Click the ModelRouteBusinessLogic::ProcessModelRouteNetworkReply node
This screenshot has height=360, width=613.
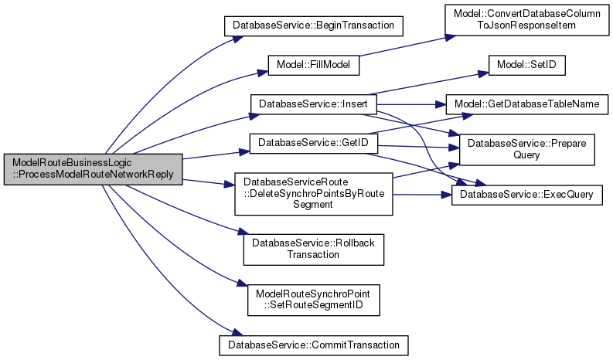[x=94, y=168]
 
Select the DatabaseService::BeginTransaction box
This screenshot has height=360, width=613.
[x=315, y=25]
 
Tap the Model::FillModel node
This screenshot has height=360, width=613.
[x=314, y=65]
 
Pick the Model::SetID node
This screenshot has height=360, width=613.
[x=526, y=65]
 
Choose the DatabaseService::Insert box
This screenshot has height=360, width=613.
[x=313, y=104]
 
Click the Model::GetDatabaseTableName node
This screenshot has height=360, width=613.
[x=526, y=104]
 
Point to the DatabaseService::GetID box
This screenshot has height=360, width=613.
[x=313, y=143]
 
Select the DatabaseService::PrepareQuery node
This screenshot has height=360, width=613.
[x=526, y=148]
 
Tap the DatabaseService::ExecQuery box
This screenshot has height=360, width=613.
[x=526, y=195]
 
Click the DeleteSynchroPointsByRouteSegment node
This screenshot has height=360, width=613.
[x=314, y=194]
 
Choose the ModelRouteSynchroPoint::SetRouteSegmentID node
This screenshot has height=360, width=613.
[x=314, y=297]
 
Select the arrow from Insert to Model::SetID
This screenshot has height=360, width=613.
[x=433, y=84]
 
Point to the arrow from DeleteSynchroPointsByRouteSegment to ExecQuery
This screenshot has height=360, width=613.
[x=421, y=195]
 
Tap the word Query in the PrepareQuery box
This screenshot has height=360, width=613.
[x=527, y=155]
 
